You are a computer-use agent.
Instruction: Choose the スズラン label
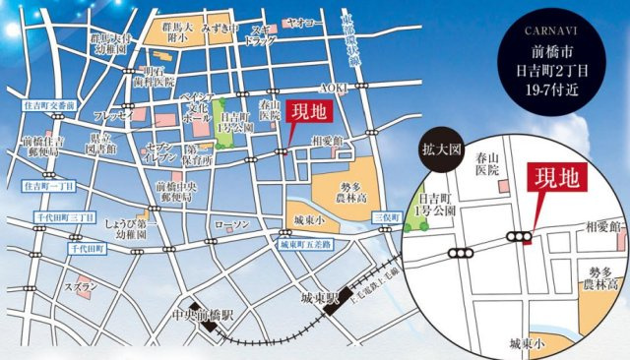(81, 287)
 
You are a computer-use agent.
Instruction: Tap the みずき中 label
(220, 30)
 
